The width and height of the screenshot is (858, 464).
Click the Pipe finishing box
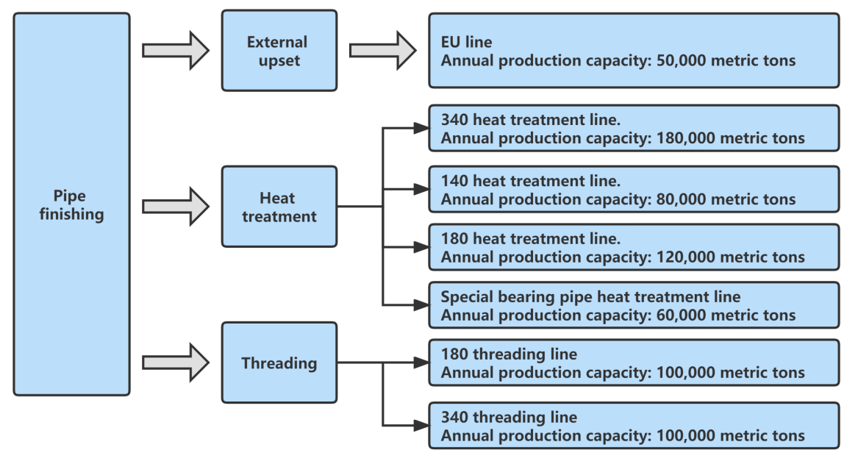(x=71, y=204)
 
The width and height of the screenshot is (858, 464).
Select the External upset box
(x=279, y=51)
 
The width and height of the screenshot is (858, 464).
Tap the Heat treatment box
(x=279, y=207)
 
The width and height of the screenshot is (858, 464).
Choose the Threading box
(x=279, y=363)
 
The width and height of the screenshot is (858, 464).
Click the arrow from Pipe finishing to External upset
(x=176, y=51)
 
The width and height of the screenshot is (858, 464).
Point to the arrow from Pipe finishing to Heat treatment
(x=176, y=207)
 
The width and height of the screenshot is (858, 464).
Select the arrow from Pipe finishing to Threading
(x=176, y=363)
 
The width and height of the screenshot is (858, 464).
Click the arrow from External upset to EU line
(x=382, y=51)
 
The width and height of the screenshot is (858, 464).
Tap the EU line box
(x=633, y=51)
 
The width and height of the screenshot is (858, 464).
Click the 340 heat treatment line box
(x=633, y=128)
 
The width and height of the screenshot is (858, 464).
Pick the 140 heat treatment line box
(x=633, y=189)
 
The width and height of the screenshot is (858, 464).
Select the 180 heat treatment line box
(x=633, y=247)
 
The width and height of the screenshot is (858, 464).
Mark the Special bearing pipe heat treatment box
(x=633, y=305)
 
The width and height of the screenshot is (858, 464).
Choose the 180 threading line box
(x=633, y=363)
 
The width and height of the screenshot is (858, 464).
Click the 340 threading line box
(x=633, y=426)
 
